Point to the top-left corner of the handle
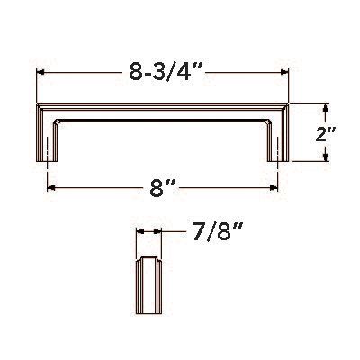pos(37,106)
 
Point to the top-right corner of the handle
pos(288,106)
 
